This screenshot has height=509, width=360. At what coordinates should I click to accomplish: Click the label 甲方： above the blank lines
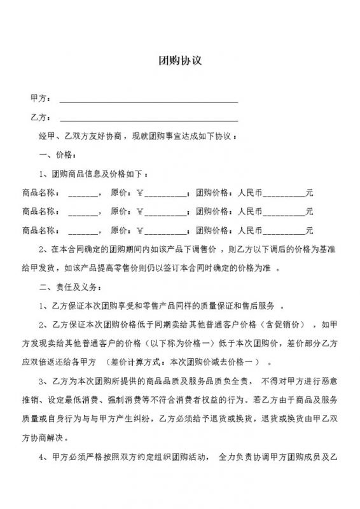38,100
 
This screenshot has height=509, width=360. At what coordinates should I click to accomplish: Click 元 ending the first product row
309,192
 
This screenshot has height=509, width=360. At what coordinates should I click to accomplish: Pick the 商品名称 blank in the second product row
81,211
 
